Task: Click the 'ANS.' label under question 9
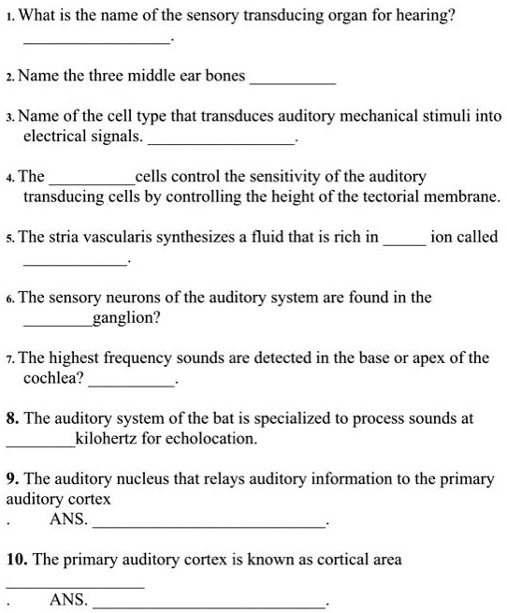69,518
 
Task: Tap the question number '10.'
16,560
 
